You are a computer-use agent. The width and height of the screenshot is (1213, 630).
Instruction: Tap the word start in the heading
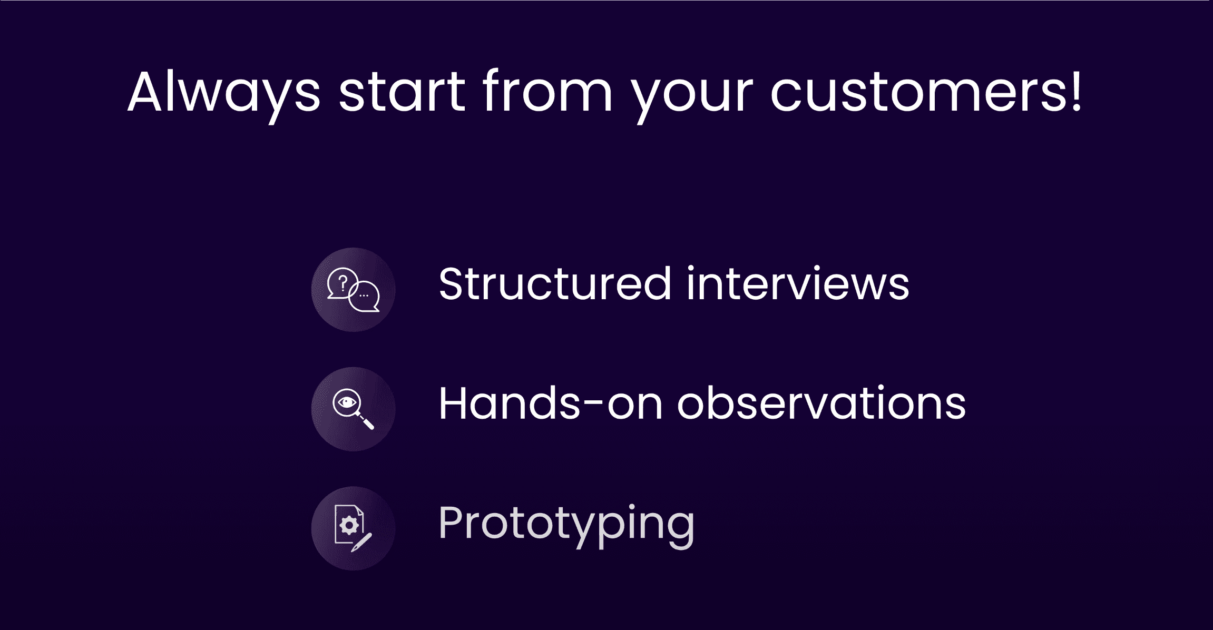(402, 93)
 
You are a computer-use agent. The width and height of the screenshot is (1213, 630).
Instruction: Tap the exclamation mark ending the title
(1075, 90)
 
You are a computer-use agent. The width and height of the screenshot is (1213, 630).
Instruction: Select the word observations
(821, 403)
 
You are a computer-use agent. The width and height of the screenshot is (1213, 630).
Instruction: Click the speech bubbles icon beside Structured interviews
(353, 290)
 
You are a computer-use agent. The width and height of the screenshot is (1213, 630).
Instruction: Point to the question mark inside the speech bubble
(343, 283)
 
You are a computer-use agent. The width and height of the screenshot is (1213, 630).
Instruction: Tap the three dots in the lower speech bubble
(364, 296)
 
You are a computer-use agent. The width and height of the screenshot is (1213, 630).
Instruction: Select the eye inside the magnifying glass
(347, 403)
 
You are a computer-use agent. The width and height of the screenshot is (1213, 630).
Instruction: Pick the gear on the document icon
(349, 525)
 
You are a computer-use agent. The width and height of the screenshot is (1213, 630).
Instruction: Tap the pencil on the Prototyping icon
(361, 543)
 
